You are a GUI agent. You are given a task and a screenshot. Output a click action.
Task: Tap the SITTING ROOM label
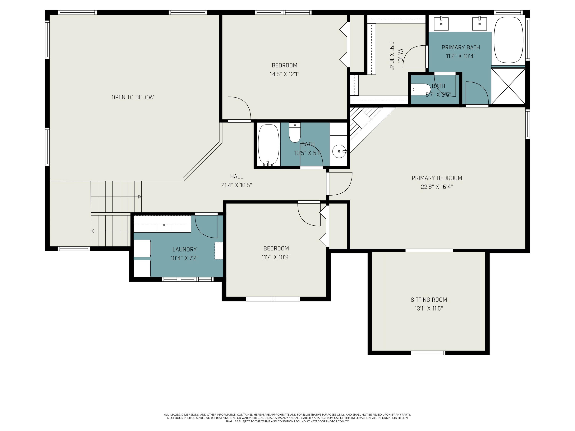tap(429, 300)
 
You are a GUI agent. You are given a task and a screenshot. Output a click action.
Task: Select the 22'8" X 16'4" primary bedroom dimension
tap(437, 187)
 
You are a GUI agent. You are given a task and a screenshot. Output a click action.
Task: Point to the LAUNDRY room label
tap(185, 249)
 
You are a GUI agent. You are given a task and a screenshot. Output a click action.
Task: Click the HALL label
tap(237, 176)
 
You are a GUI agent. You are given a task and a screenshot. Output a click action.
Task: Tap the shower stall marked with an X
tap(508, 86)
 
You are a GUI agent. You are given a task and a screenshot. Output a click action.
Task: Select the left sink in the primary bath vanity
tap(441, 23)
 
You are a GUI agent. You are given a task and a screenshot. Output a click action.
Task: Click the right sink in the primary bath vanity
tap(479, 23)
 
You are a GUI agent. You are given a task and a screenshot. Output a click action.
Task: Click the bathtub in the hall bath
tap(269, 145)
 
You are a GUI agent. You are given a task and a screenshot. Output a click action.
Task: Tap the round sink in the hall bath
tap(339, 151)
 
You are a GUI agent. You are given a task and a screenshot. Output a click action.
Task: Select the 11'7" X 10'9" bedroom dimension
tap(276, 257)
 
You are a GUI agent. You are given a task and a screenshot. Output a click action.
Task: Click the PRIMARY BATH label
tap(461, 47)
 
